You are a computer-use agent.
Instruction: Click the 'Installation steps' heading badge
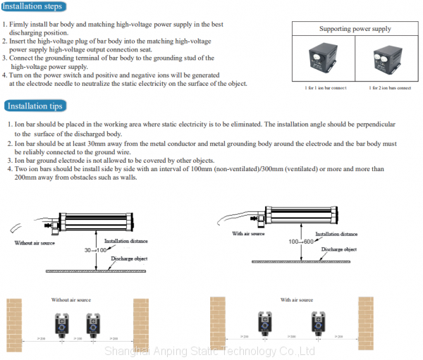[x=33, y=7]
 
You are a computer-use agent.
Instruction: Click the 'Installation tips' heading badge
[x=35, y=106]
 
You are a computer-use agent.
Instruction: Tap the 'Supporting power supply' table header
[x=355, y=29]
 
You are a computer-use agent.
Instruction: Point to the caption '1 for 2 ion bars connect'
[x=390, y=88]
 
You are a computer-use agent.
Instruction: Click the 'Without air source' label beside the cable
[x=35, y=242]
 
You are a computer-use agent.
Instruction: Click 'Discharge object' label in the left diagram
[x=130, y=259]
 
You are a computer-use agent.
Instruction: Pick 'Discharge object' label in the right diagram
[x=339, y=249]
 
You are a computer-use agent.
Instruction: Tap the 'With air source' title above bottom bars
[x=296, y=300]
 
